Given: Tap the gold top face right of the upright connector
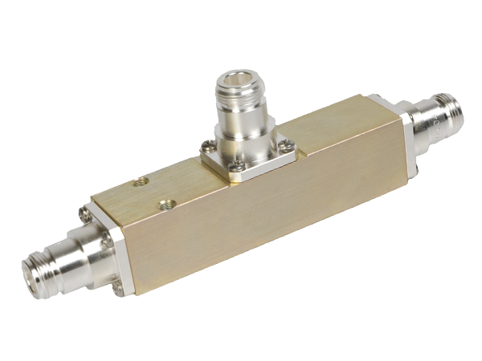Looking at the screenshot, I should click(x=321, y=132).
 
